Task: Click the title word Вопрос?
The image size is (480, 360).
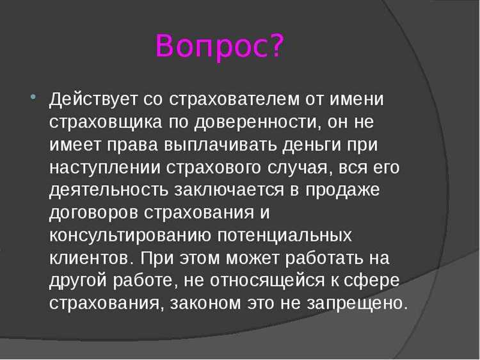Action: (219, 46)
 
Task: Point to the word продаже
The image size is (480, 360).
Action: (347, 191)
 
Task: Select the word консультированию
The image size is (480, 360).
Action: (131, 236)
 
